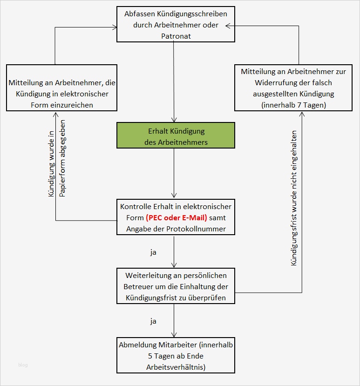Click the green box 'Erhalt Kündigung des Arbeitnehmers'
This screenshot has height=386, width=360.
[176, 135]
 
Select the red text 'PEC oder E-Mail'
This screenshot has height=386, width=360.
[176, 217]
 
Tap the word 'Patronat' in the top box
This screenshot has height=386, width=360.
[176, 35]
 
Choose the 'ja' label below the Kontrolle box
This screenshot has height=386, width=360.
[153, 253]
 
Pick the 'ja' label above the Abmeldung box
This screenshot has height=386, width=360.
[153, 321]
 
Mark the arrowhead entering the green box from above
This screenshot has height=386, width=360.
[174, 120]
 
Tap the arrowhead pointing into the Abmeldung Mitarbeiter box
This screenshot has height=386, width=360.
[174, 335]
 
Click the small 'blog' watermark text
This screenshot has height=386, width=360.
[23, 365]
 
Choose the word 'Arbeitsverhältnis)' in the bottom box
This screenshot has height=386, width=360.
[176, 367]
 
